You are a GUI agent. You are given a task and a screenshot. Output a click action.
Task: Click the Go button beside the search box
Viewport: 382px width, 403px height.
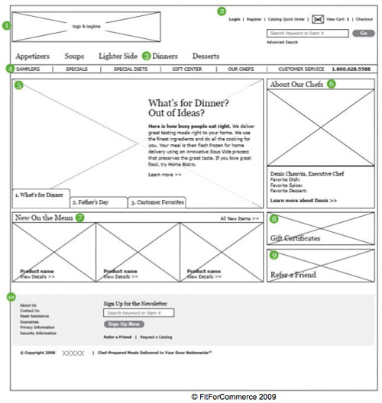(363, 33)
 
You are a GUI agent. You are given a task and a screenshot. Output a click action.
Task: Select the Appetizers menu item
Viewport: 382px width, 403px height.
(33, 56)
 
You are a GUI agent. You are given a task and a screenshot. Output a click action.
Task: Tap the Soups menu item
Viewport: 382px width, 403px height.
(74, 56)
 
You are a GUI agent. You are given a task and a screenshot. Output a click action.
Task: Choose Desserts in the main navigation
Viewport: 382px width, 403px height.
(206, 56)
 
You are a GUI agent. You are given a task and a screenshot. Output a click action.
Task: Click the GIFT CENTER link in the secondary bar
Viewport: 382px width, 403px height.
(187, 69)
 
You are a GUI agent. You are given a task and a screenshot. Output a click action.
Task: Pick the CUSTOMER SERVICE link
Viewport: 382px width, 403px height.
(301, 69)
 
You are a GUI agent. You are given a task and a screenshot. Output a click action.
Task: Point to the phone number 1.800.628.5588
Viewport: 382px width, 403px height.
(351, 69)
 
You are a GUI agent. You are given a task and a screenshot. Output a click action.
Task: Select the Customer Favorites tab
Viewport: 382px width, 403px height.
(157, 202)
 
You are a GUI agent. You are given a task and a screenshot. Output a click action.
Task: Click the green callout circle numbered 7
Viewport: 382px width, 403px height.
(79, 218)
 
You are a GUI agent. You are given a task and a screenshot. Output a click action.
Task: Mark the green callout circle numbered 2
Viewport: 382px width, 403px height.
(222, 11)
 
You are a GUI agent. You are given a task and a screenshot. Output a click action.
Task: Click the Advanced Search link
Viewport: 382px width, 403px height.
(281, 43)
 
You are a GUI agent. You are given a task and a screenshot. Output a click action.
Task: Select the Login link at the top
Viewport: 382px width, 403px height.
(235, 19)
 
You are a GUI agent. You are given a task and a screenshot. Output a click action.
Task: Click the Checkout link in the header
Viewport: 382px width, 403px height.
(364, 19)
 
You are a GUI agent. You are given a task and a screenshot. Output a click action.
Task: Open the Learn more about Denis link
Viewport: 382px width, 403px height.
(303, 201)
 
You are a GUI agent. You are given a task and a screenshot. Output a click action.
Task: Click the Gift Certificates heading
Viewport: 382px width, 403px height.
(296, 238)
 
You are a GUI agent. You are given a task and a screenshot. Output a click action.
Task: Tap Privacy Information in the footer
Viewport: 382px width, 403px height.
(38, 327)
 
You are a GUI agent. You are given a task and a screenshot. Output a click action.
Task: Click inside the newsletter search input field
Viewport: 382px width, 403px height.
(138, 313)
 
